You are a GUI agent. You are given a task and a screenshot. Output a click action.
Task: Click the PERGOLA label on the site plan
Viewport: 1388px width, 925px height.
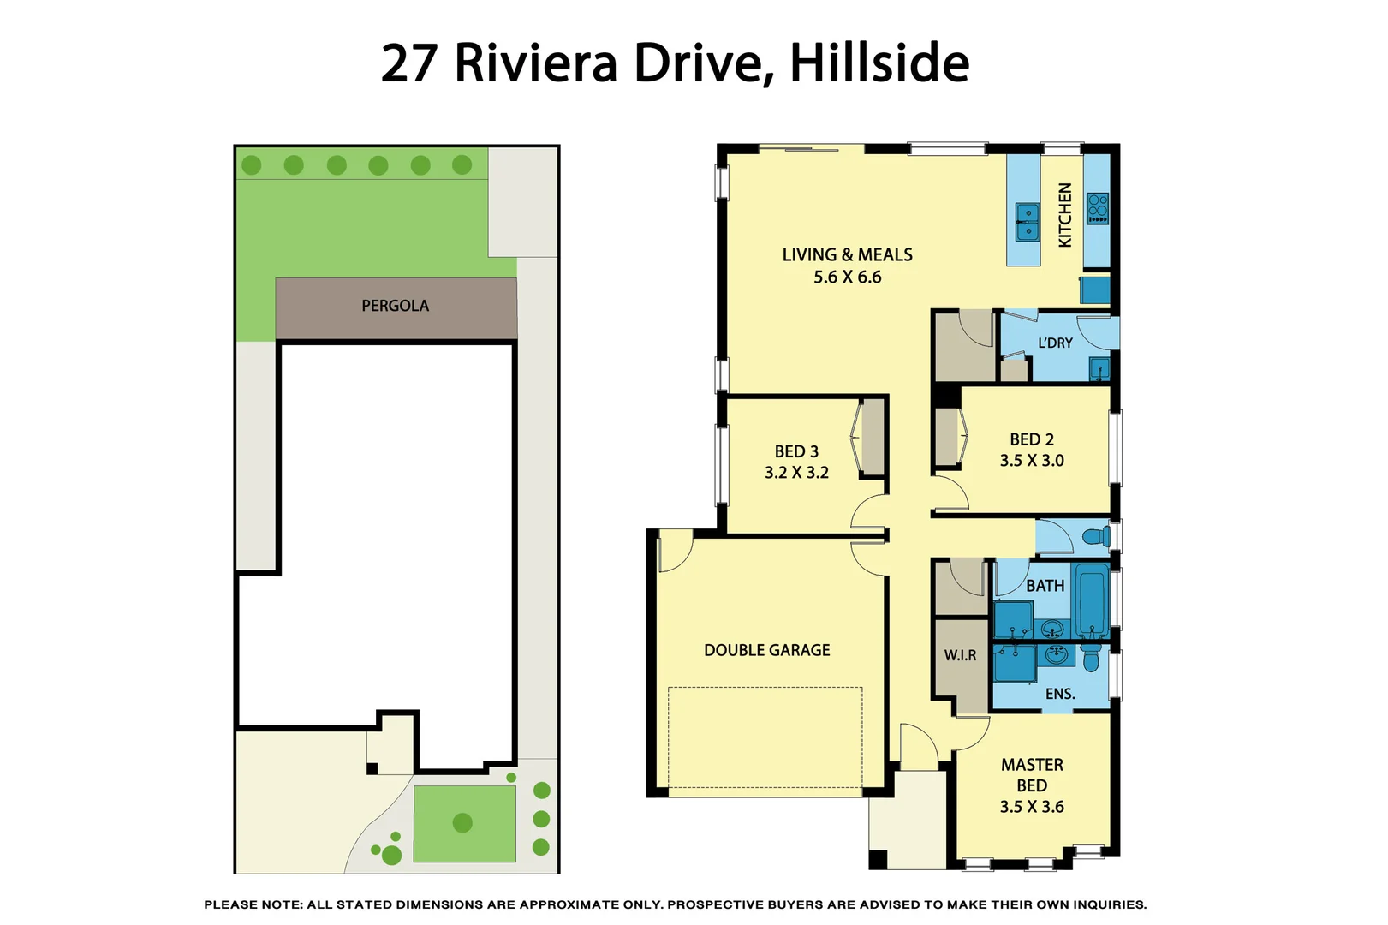395,306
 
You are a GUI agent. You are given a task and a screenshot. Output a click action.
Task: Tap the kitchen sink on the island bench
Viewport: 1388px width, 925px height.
1027,221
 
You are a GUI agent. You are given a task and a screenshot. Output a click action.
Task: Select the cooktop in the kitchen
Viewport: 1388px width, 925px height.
1097,208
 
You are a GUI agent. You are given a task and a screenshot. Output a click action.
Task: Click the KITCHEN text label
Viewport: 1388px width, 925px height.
1065,215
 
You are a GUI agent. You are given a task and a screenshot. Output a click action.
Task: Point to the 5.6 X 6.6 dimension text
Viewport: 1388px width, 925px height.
847,277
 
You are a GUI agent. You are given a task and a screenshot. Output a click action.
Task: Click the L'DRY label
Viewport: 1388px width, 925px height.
1055,343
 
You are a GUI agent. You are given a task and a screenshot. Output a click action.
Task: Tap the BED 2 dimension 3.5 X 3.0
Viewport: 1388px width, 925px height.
1031,461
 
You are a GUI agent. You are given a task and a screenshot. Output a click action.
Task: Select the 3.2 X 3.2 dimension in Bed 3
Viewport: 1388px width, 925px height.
796,473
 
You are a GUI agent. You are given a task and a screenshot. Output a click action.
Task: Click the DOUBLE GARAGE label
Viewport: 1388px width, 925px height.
766,650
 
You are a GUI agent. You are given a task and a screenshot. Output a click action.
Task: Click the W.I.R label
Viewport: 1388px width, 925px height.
960,655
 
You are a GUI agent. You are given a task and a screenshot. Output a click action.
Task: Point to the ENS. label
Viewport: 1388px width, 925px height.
1060,694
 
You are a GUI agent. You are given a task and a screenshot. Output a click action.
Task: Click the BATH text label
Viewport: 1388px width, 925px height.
1045,586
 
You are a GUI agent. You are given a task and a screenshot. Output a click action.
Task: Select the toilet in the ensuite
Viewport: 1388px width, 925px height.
1090,658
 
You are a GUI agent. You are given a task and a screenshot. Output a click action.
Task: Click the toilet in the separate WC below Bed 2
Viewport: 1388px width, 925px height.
1095,537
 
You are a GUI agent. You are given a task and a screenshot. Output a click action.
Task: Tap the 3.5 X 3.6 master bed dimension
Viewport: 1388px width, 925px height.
1031,807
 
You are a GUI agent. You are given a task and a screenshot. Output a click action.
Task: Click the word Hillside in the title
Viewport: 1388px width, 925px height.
879,63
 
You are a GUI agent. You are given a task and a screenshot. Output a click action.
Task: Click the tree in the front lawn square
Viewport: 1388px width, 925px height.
462,823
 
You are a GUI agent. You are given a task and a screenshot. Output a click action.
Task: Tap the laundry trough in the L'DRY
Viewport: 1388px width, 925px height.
1099,370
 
